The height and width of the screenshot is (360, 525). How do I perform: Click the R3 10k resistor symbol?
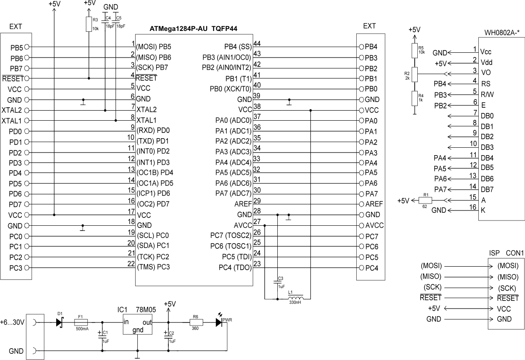[89, 24]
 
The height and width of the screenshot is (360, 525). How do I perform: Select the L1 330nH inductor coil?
[295, 298]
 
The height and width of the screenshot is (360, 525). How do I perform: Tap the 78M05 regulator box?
[138, 324]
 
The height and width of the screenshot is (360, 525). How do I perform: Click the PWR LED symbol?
[219, 323]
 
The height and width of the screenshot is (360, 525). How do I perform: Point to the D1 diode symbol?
[60, 323]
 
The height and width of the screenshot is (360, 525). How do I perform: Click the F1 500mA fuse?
[81, 322]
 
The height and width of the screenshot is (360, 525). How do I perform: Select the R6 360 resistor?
[196, 323]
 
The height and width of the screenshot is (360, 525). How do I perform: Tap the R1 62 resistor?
[425, 200]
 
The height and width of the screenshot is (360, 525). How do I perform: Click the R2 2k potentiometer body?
[415, 75]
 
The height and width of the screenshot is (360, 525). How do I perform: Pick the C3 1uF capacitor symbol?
[277, 282]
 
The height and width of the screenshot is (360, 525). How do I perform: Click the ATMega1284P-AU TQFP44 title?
[193, 29]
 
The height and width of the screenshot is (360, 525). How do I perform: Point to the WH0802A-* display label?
[502, 33]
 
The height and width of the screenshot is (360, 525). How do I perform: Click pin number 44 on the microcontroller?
[257, 44]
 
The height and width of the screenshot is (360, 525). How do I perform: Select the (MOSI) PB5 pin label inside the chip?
[153, 47]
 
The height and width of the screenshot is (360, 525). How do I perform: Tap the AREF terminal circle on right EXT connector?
[361, 204]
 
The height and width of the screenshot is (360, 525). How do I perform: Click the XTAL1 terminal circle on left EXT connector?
[27, 120]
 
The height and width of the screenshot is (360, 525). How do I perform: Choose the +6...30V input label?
[12, 323]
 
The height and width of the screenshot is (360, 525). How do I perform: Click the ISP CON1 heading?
[506, 253]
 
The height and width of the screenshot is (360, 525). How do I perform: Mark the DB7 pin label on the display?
[487, 190]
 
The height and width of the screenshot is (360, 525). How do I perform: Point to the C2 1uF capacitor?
[168, 336]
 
